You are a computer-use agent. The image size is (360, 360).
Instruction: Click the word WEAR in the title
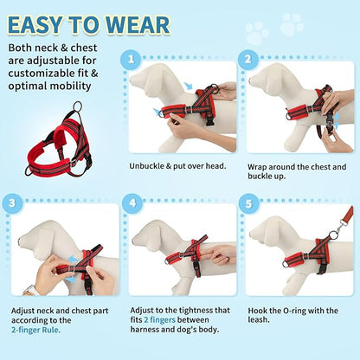[x=138, y=23]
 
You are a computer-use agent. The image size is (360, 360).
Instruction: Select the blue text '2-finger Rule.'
[x=41, y=329]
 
